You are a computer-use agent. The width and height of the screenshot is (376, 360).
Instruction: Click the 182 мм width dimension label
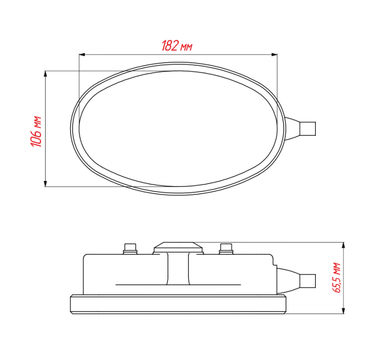click(x=177, y=46)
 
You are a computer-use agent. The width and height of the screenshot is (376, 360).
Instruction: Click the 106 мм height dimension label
click(x=36, y=131)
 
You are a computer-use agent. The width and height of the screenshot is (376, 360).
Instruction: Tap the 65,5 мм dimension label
click(x=336, y=278)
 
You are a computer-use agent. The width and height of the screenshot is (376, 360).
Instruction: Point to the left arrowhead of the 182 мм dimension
click(x=82, y=55)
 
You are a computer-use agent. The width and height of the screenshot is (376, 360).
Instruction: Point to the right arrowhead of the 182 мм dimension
click(x=274, y=55)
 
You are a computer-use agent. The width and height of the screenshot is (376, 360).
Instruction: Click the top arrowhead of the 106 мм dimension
click(x=45, y=74)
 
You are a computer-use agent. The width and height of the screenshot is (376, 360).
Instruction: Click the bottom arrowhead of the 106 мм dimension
click(x=45, y=184)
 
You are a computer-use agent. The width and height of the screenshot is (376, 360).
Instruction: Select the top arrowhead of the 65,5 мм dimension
click(x=343, y=245)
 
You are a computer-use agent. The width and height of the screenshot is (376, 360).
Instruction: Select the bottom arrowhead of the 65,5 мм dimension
click(x=343, y=310)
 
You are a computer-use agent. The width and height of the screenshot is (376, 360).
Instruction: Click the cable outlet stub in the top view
click(x=308, y=129)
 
